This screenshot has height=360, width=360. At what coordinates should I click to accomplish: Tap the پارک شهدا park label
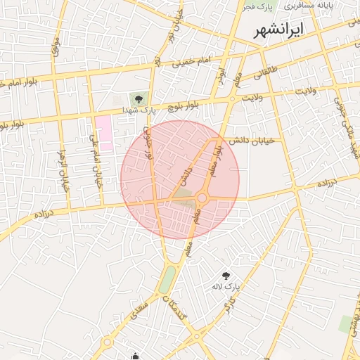[x=137, y=110]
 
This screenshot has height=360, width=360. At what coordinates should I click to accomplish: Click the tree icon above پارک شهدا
[x=138, y=98]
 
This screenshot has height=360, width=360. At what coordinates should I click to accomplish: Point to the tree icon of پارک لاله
[x=226, y=276]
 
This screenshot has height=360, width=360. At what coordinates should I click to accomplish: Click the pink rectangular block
[x=103, y=133]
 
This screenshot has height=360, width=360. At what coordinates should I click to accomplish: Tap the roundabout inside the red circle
[x=202, y=198]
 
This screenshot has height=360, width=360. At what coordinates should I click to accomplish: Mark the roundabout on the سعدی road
[x=107, y=343]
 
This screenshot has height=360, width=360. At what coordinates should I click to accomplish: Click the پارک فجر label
[x=258, y=6]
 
